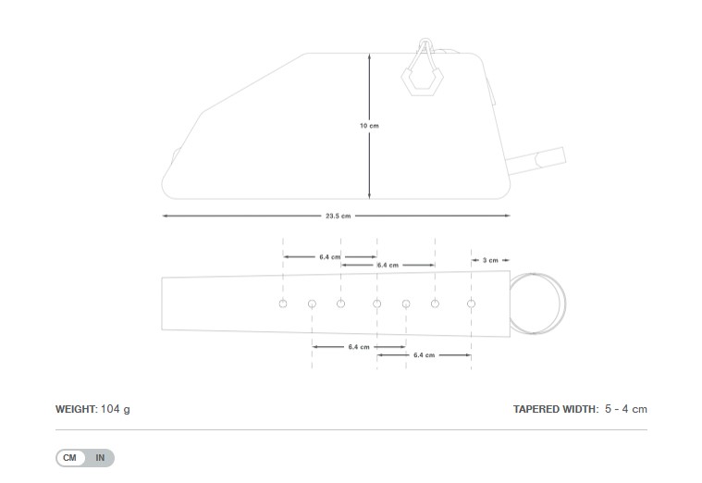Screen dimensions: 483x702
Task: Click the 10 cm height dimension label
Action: (369, 125)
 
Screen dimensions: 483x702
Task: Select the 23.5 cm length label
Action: (338, 216)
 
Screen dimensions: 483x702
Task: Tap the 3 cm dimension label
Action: (490, 260)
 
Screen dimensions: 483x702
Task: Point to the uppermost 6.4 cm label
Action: (330, 256)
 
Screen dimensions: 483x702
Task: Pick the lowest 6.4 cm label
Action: (425, 354)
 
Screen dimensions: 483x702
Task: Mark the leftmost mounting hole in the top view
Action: (283, 303)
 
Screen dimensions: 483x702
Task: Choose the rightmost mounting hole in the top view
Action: (471, 303)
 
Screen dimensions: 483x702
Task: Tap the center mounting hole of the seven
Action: (376, 303)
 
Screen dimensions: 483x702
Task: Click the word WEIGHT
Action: (75, 409)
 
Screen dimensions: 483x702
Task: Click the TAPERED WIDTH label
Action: (555, 409)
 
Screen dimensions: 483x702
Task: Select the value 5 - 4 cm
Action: (626, 409)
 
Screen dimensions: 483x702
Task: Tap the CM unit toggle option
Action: (70, 458)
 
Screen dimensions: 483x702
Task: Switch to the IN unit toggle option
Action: (100, 458)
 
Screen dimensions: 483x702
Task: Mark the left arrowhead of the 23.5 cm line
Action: (165, 216)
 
